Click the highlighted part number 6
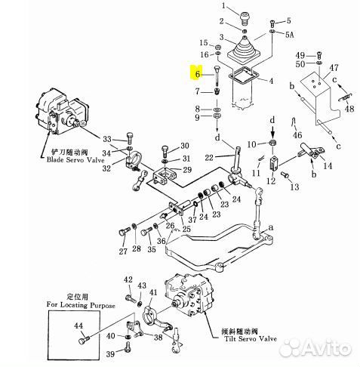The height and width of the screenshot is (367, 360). click(x=198, y=74)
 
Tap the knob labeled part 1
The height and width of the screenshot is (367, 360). click(x=244, y=18)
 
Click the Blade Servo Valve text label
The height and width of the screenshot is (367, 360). click(x=75, y=160)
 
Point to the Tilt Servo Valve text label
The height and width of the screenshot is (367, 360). click(x=251, y=338)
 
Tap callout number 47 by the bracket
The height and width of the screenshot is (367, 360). click(x=334, y=68)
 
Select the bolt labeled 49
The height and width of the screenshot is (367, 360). click(x=319, y=54)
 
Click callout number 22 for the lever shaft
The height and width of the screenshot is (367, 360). click(x=209, y=158)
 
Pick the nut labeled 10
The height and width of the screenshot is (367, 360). click(x=272, y=143)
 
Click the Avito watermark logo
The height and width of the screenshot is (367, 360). click(x=315, y=347)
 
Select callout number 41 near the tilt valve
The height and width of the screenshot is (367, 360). click(x=153, y=292)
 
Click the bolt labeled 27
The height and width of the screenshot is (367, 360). click(x=124, y=232)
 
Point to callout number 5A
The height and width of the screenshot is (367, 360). click(x=289, y=35)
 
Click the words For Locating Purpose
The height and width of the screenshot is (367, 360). click(x=81, y=305)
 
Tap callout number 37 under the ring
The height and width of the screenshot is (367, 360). click(x=192, y=220)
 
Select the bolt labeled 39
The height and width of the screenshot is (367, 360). click(x=128, y=346)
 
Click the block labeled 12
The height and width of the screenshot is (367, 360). click(x=273, y=163)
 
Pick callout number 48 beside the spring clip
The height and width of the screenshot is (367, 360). click(x=349, y=109)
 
